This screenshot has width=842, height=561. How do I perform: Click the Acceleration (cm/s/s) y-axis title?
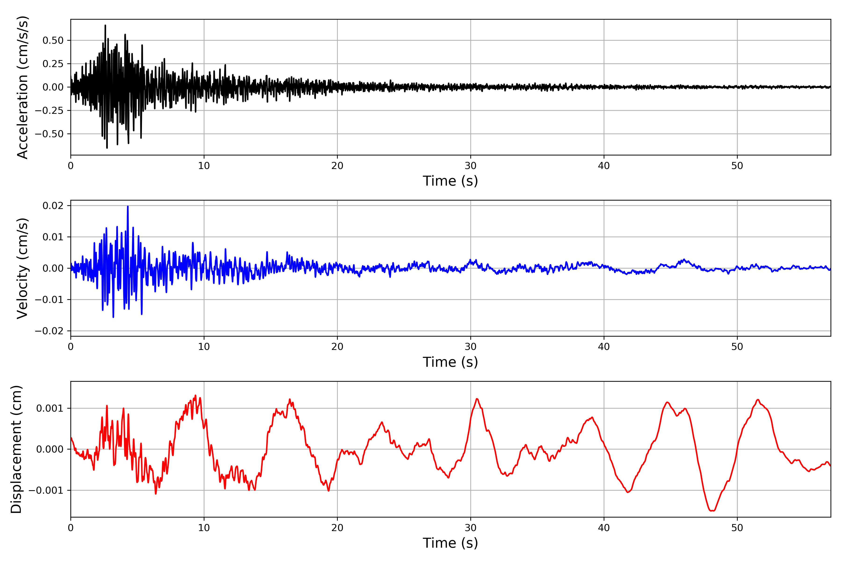click(x=22, y=87)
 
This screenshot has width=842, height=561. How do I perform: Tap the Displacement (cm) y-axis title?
click(x=16, y=449)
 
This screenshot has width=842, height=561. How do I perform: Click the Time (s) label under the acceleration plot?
click(x=450, y=181)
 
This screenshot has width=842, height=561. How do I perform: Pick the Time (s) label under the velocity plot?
click(x=450, y=362)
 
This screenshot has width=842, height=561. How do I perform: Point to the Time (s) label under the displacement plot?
click(x=450, y=543)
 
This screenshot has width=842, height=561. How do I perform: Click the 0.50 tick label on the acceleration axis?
click(x=53, y=40)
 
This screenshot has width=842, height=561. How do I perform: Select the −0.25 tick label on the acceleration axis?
click(x=49, y=111)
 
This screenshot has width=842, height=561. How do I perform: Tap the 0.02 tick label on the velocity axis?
click(x=53, y=205)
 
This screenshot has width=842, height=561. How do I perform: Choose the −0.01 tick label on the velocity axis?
click(x=49, y=299)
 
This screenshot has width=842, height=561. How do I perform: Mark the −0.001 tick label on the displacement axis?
click(x=46, y=490)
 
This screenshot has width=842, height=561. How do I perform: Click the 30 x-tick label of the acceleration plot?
click(x=471, y=166)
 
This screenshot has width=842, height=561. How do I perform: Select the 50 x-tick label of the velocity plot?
click(x=737, y=347)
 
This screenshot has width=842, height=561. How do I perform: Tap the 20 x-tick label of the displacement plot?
click(x=337, y=528)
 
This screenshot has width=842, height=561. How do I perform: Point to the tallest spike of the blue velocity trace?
click(x=128, y=206)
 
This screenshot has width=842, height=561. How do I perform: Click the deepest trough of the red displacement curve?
click(x=712, y=511)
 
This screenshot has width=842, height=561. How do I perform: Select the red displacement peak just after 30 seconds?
click(x=477, y=399)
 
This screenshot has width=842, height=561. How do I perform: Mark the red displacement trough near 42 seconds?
click(x=628, y=492)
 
